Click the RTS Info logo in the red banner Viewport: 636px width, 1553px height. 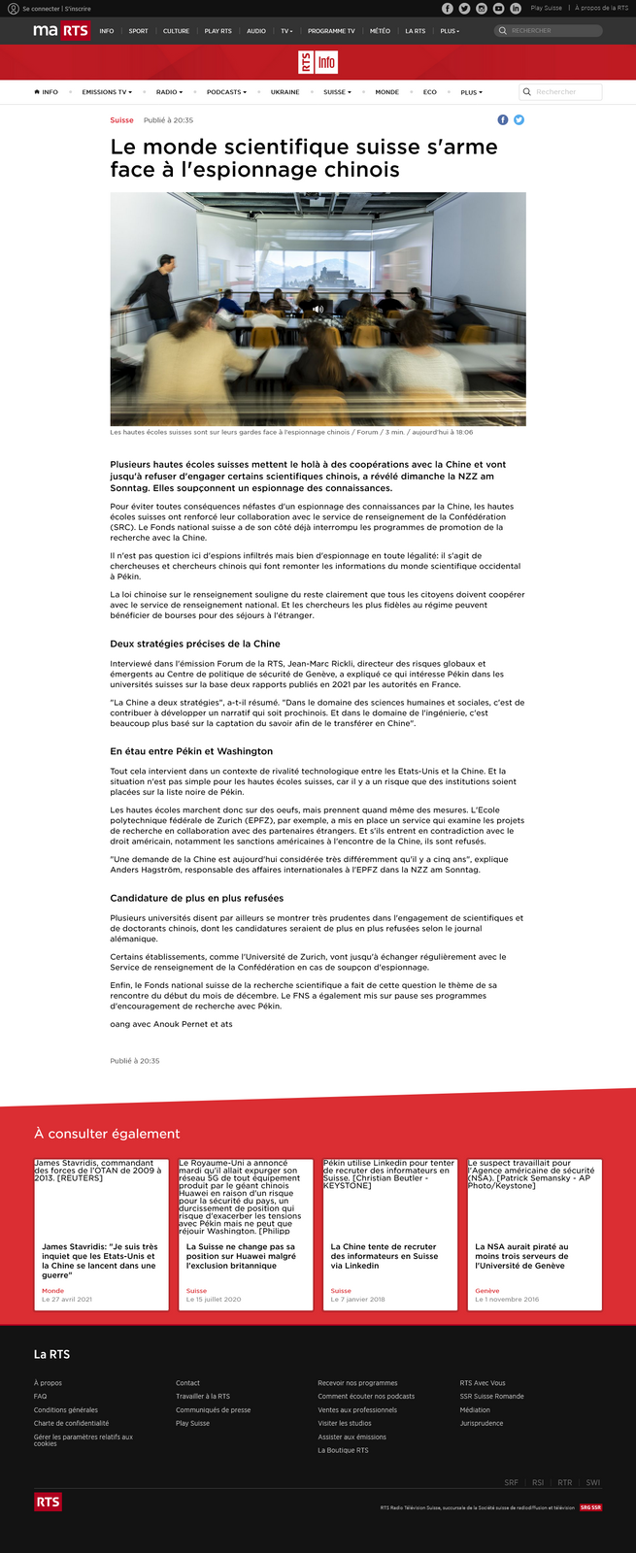318,62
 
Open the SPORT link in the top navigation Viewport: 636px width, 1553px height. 139,31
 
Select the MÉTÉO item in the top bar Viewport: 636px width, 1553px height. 380,31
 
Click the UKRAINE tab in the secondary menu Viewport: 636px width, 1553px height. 285,92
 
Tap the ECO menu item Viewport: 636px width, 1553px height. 429,92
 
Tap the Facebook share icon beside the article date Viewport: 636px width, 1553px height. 503,120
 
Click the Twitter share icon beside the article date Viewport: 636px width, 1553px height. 519,120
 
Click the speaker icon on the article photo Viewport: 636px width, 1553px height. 318,309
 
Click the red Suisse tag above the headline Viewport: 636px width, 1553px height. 121,120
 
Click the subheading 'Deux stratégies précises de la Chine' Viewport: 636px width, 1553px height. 195,644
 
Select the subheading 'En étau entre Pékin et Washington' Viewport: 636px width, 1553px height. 191,751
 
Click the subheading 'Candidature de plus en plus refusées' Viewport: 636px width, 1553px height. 197,899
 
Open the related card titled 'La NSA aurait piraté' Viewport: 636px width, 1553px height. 521,1256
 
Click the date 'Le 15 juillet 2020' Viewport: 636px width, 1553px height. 214,1299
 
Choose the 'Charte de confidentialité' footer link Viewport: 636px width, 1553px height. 71,1423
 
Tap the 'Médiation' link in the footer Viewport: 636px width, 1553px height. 475,1409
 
